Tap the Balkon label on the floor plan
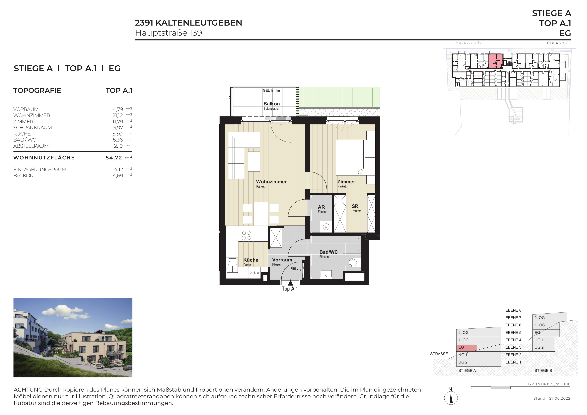(272, 104)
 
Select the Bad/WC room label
(329, 252)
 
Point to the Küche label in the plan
(251, 260)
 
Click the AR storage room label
(321, 207)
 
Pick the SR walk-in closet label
(355, 206)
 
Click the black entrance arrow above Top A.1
(290, 283)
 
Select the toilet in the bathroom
(355, 262)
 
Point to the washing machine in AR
(326, 227)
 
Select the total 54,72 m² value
(119, 158)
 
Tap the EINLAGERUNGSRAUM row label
(40, 169)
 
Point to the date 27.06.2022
(560, 398)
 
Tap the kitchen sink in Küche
(232, 265)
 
